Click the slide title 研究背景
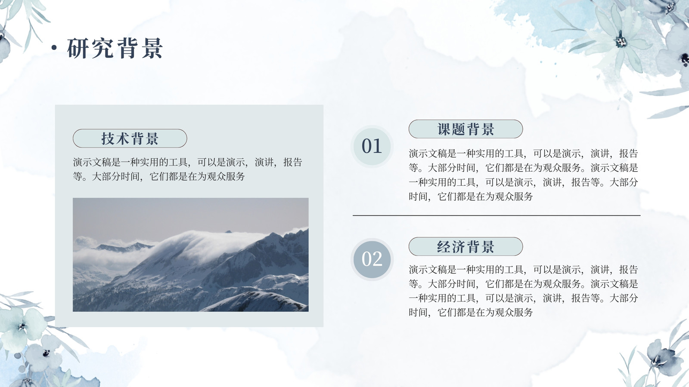coord(115,48)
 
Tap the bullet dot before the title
coord(54,48)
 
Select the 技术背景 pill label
coord(130,138)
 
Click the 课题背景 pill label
coord(466,129)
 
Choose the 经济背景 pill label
coord(466,247)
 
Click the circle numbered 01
coord(372,146)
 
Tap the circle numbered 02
coord(372,260)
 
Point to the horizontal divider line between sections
coord(497,215)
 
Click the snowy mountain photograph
coord(191,255)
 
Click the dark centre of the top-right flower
coord(621,41)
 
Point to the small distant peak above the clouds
coord(228,232)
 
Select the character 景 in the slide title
coord(152,48)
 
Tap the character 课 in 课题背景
coord(445,129)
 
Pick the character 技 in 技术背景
coord(108,138)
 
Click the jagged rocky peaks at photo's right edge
coord(295,240)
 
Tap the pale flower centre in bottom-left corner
coord(22,326)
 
